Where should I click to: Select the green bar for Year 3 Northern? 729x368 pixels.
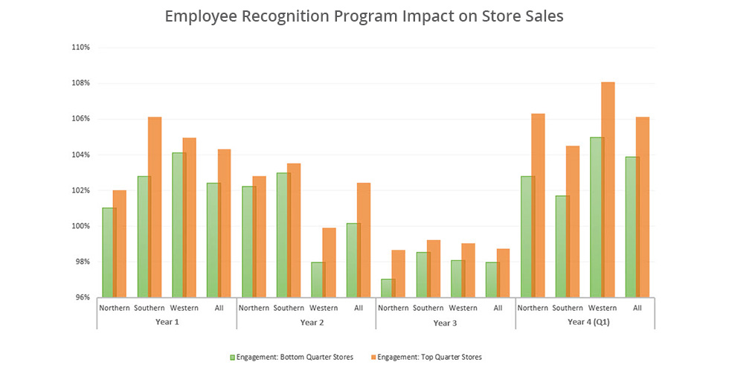[x=388, y=288]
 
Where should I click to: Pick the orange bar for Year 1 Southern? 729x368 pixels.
[x=155, y=207]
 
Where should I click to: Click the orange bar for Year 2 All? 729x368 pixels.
[x=363, y=240]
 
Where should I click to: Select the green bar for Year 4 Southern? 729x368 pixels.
[x=562, y=246]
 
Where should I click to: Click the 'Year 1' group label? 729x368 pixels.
[x=166, y=323]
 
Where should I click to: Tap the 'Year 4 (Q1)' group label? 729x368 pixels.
[x=585, y=323]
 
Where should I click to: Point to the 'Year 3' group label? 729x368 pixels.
[x=445, y=323]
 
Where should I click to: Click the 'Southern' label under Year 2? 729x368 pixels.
[x=289, y=308]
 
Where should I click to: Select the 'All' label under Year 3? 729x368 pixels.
[x=498, y=308]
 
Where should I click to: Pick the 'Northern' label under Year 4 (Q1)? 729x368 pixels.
[x=533, y=308]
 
